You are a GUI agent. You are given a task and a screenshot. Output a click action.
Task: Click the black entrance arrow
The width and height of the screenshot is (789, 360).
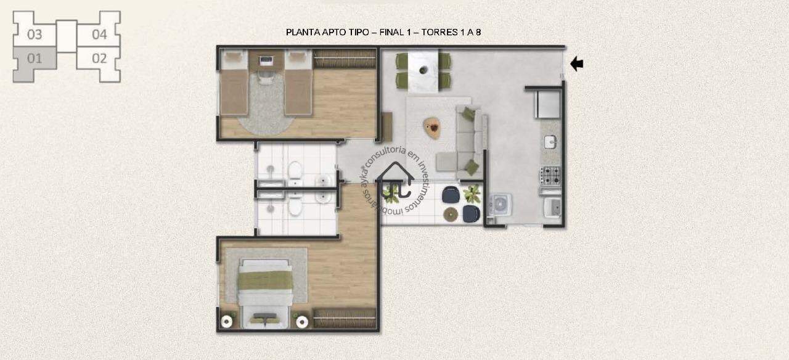(576, 64)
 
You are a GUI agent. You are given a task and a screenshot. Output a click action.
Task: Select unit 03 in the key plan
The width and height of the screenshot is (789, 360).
(35, 34)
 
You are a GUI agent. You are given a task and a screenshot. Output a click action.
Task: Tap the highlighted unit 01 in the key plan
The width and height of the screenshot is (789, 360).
(35, 59)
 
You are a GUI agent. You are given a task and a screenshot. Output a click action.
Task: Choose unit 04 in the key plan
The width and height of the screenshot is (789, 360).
(99, 34)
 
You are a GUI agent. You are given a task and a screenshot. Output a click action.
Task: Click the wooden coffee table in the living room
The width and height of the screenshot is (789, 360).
(432, 128)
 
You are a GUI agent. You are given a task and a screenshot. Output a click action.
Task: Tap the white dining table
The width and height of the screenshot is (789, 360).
(423, 70)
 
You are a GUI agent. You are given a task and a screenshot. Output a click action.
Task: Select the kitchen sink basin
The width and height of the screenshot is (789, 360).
(550, 142)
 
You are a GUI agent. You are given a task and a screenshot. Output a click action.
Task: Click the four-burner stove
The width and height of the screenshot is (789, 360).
(550, 176)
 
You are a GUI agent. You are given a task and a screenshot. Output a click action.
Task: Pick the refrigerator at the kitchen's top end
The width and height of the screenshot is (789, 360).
(548, 104)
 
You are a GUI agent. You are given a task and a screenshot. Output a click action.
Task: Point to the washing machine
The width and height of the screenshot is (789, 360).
(500, 204)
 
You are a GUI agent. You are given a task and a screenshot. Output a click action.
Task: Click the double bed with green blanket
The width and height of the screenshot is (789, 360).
(265, 293)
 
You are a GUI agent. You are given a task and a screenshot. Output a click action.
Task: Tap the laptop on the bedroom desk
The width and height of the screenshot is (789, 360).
(265, 60)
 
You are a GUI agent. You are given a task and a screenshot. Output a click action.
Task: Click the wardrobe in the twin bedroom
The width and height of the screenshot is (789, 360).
(345, 59)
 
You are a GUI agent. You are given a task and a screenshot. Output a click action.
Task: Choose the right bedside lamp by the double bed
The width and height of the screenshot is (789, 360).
(302, 321)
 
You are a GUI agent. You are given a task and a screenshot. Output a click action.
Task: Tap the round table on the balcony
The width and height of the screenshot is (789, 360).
(451, 214)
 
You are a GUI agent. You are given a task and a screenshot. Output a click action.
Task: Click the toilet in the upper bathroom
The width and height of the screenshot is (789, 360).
(295, 171)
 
